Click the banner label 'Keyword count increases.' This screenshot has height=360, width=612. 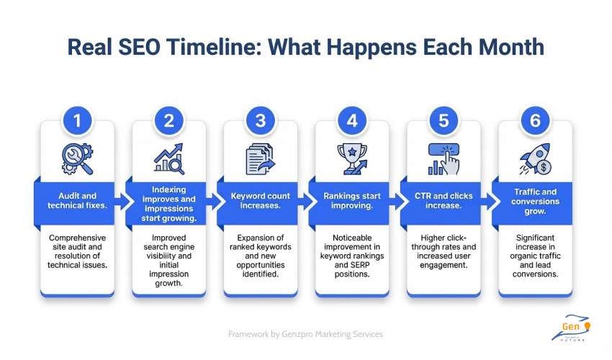pyautogui.click(x=260, y=200)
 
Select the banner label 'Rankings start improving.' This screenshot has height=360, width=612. pyautogui.click(x=352, y=200)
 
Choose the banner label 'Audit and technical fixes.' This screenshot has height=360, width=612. pyautogui.click(x=77, y=200)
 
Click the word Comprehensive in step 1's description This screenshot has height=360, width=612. pyautogui.click(x=77, y=238)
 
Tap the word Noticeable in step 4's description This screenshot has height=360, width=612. pyautogui.click(x=352, y=238)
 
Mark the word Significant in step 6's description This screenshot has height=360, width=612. pyautogui.click(x=535, y=238)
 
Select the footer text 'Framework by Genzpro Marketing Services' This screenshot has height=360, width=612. pyautogui.click(x=306, y=334)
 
